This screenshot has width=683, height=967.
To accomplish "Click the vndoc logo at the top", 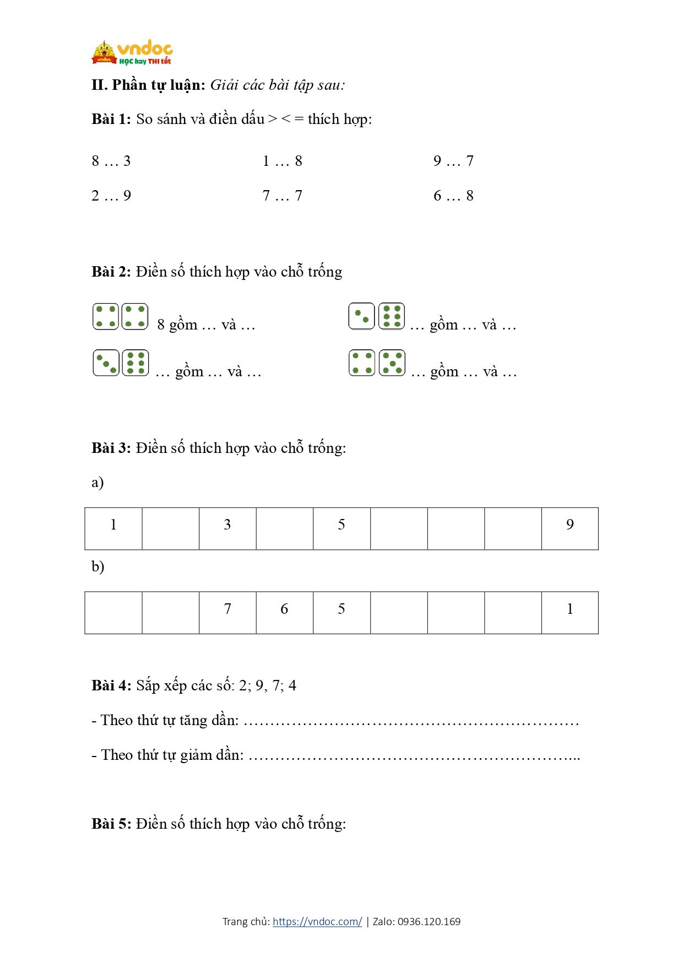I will [x=132, y=52].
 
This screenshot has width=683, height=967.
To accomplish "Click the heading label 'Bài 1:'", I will [x=111, y=119].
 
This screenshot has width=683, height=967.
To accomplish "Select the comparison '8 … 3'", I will [x=111, y=161].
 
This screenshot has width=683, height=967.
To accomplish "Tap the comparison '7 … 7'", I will [x=282, y=196].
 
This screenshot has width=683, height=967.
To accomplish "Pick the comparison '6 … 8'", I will [x=453, y=196].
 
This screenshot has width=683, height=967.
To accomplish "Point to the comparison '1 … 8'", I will [x=282, y=161].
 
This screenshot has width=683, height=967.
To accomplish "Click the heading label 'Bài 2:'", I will [x=111, y=272].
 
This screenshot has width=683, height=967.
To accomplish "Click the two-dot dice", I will [x=361, y=316].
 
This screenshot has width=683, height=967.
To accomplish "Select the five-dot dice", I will [x=392, y=363].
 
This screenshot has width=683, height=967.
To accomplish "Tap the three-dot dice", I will [x=106, y=363].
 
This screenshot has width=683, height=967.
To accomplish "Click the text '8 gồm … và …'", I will [x=206, y=325].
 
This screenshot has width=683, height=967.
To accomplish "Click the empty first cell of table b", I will [x=113, y=612].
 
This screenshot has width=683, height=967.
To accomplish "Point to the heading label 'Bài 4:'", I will [x=111, y=685].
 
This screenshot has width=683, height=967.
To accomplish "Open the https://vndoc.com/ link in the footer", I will [x=317, y=921].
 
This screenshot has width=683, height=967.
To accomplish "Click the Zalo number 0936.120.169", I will [x=429, y=921].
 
